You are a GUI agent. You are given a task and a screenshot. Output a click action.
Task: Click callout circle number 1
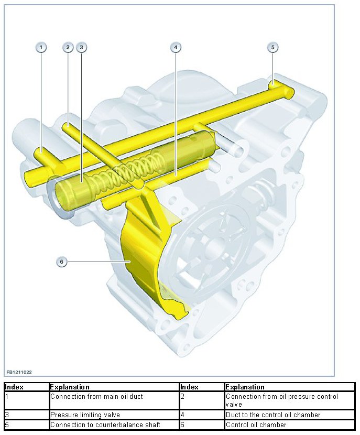(x=41, y=47)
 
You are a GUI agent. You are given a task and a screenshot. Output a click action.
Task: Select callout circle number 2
(x=68, y=47)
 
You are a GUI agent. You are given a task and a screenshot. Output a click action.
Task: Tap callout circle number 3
(x=81, y=47)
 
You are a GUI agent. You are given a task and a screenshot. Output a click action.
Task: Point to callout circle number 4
(x=176, y=47)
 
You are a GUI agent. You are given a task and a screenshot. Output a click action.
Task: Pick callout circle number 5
(x=272, y=47)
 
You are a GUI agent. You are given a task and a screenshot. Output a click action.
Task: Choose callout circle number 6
(x=62, y=261)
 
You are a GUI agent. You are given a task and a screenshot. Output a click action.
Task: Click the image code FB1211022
(x=19, y=372)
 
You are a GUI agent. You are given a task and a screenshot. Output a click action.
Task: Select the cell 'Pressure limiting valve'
(x=85, y=415)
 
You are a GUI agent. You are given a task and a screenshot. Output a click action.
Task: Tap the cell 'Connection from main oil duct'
(x=96, y=397)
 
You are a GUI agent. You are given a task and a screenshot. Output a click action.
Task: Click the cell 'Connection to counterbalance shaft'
(x=105, y=425)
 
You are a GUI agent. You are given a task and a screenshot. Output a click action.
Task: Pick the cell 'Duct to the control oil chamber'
(x=272, y=415)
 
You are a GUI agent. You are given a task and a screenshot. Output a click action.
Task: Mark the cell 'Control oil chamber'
(x=256, y=425)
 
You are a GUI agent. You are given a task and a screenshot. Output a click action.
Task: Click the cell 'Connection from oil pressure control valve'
(x=282, y=400)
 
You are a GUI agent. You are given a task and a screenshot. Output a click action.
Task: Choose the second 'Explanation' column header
(x=245, y=387)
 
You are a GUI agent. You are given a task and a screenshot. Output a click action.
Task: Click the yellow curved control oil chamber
(x=140, y=257)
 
